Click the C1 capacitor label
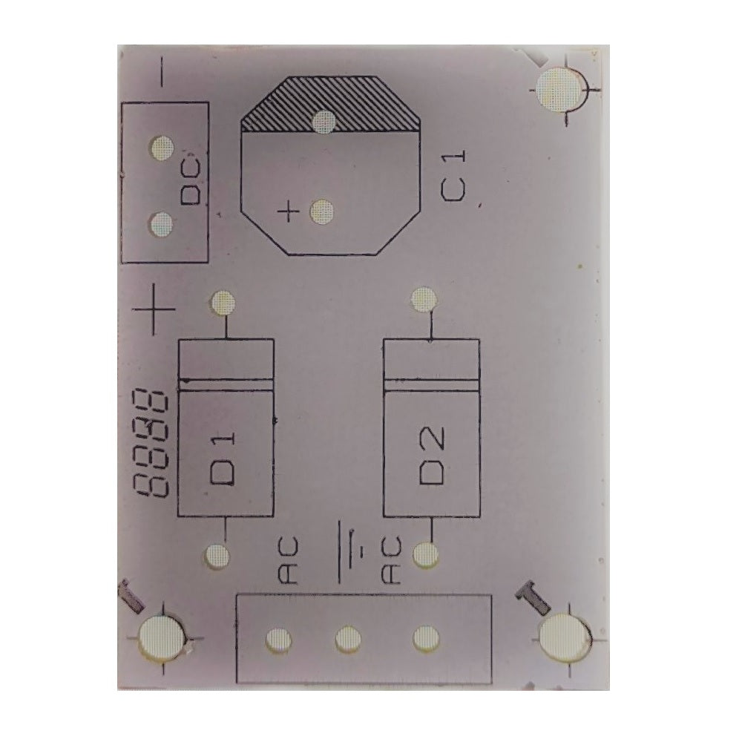453,176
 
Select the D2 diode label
432,456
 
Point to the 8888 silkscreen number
151,443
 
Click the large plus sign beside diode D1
154,309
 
